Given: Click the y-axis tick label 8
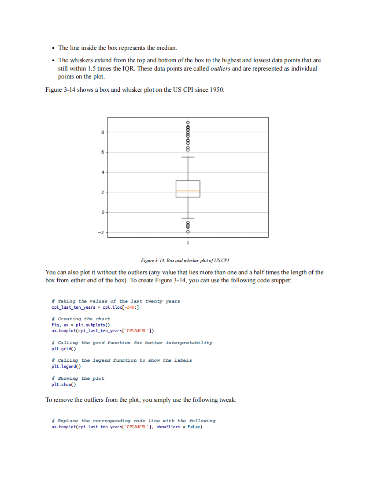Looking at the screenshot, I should pyautogui.click(x=102, y=132).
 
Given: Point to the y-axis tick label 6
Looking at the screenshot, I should pyautogui.click(x=102, y=152).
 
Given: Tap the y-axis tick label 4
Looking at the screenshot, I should pyautogui.click(x=102, y=172).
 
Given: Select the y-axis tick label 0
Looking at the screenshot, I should pyautogui.click(x=102, y=213).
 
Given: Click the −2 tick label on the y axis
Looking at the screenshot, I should pyautogui.click(x=101, y=232).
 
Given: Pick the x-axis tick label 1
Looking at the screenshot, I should pyautogui.click(x=188, y=243).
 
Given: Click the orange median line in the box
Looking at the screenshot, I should pyautogui.click(x=188, y=191).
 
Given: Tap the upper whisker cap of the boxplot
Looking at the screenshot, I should pyautogui.click(x=188, y=157).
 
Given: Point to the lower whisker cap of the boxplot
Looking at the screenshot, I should pyautogui.click(x=188, y=218).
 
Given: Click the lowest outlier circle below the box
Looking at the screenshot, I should pyautogui.click(x=188, y=232).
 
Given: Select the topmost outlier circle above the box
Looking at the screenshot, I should pyautogui.click(x=188, y=122).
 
